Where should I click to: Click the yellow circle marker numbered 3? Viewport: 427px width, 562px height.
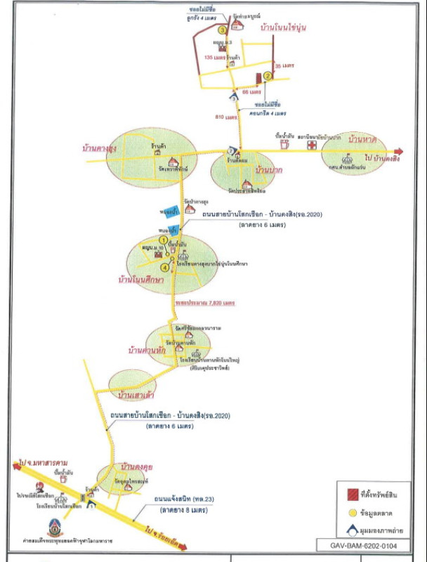(222, 30)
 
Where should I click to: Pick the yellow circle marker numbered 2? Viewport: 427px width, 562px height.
(268, 77)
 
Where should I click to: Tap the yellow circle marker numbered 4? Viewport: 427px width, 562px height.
(166, 267)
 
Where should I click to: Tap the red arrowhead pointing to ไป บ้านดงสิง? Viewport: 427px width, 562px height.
(401, 151)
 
